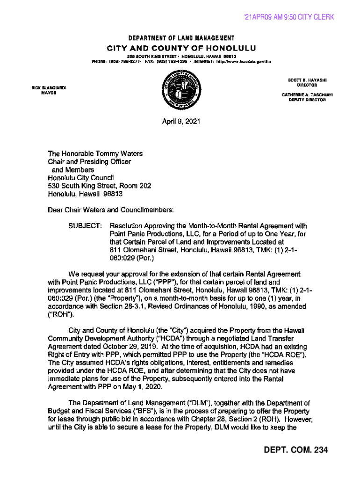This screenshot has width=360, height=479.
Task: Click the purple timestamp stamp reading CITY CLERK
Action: (x=289, y=17)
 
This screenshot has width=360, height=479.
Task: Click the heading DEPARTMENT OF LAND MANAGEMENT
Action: (x=180, y=38)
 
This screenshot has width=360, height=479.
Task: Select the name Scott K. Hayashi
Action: (x=307, y=80)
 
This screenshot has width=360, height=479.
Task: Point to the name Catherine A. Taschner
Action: (x=307, y=94)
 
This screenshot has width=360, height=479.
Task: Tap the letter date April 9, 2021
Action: (x=181, y=122)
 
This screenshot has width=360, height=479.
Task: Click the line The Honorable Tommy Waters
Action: (x=95, y=153)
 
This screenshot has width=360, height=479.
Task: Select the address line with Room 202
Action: (x=99, y=186)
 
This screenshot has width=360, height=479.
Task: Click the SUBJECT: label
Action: (x=86, y=226)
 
